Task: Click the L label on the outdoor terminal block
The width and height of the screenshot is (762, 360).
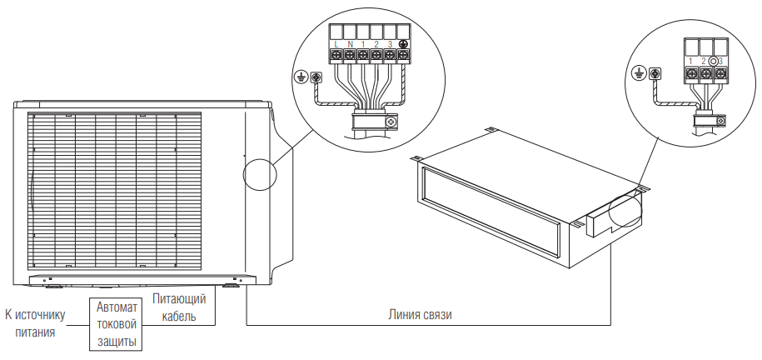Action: pyautogui.click(x=336, y=45)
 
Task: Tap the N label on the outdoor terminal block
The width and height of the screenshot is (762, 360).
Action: pyautogui.click(x=350, y=45)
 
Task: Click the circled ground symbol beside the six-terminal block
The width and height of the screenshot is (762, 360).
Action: pyautogui.click(x=301, y=77)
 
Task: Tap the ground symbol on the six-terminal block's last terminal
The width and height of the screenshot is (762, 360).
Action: pyautogui.click(x=403, y=44)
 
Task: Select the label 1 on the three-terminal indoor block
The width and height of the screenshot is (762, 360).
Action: pyautogui.click(x=690, y=61)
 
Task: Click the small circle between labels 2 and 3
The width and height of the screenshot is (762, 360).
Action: pyautogui.click(x=713, y=61)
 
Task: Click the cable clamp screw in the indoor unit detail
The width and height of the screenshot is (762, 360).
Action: pyautogui.click(x=721, y=120)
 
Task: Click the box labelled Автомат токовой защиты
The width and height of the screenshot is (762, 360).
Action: pyautogui.click(x=116, y=324)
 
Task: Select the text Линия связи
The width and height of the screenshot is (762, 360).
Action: pyautogui.click(x=420, y=315)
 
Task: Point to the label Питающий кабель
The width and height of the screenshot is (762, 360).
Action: pyautogui.click(x=179, y=307)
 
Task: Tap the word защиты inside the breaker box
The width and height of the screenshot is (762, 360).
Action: pyautogui.click(x=116, y=341)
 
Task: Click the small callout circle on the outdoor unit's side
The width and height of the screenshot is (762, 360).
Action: pyautogui.click(x=259, y=173)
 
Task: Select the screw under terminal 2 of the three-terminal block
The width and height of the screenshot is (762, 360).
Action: pyautogui.click(x=706, y=74)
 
